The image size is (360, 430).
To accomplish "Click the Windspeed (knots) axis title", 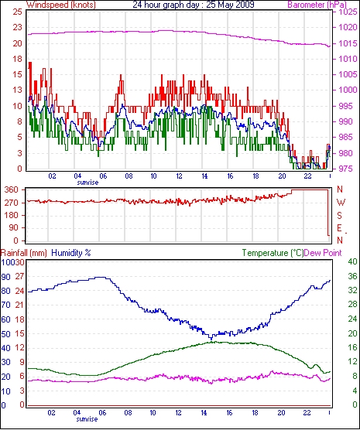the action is click(x=61, y=5).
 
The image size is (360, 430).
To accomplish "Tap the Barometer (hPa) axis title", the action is click(x=317, y=5).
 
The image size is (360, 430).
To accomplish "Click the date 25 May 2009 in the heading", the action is click(x=230, y=5).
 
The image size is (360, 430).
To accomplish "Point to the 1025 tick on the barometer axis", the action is click(x=348, y=12).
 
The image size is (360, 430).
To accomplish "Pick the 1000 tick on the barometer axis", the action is click(x=348, y=90).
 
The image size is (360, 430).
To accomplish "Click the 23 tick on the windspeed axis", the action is click(x=17, y=28).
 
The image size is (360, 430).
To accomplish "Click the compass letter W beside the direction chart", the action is click(x=341, y=203).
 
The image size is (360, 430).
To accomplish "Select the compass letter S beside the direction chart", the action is click(x=340, y=216).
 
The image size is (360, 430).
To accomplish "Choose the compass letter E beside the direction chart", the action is click(x=340, y=228).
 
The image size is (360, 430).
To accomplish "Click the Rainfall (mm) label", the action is click(x=24, y=253).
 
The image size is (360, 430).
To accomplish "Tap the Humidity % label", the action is click(x=71, y=253).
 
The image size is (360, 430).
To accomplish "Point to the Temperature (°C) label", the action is click(x=273, y=253).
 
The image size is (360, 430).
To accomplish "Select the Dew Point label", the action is click(x=323, y=253).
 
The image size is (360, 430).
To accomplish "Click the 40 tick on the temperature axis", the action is click(x=352, y=261).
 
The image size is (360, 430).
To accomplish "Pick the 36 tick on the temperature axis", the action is click(x=352, y=276).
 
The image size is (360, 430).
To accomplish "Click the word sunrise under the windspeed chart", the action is click(x=87, y=183).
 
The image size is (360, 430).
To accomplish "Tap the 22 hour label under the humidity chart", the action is click(x=307, y=412).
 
